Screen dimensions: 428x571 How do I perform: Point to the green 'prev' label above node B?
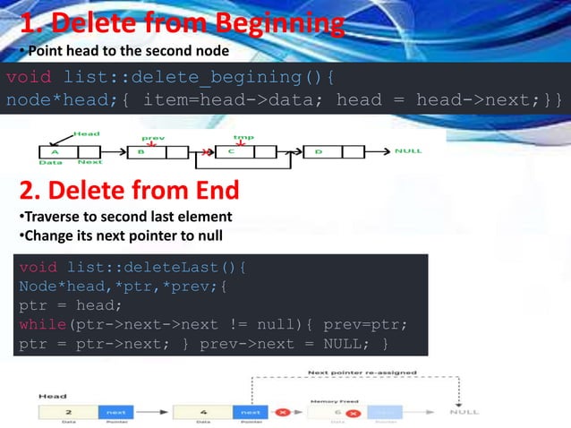153,138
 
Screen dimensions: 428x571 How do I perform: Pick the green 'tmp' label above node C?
243,137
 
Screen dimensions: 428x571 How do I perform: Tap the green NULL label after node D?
408,151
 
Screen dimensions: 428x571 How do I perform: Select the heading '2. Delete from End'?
129,191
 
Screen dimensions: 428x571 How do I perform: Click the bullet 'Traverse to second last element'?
124,217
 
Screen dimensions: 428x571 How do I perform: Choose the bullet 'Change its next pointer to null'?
123,236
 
